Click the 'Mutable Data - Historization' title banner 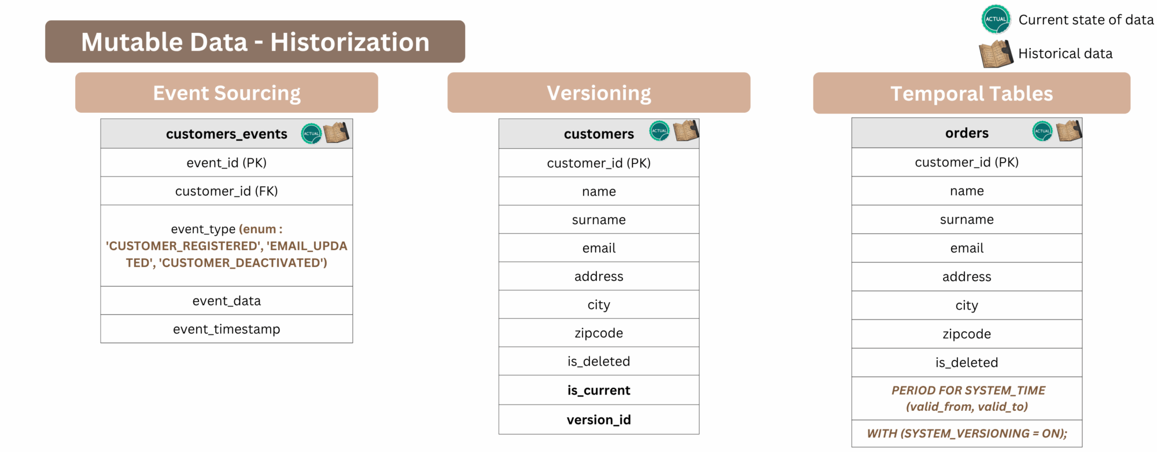[x=255, y=42]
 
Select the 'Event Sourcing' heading [x=227, y=93]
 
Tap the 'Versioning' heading [x=599, y=93]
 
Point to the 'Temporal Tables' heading [x=972, y=93]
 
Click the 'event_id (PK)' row [x=227, y=163]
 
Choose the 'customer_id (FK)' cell [x=227, y=191]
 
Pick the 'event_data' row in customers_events [x=227, y=300]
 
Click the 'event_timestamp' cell [x=227, y=329]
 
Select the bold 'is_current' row [x=599, y=390]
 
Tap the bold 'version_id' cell [x=599, y=420]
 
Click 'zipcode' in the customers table [x=599, y=333]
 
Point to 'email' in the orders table [x=967, y=248]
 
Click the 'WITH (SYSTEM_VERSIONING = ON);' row [x=967, y=433]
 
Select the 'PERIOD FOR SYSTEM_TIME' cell [x=967, y=398]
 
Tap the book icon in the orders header [x=1069, y=131]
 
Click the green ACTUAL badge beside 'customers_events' [x=311, y=134]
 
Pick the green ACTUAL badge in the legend [x=996, y=19]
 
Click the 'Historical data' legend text [x=1065, y=53]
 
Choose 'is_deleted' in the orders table [x=967, y=362]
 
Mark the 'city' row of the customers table [x=599, y=304]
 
